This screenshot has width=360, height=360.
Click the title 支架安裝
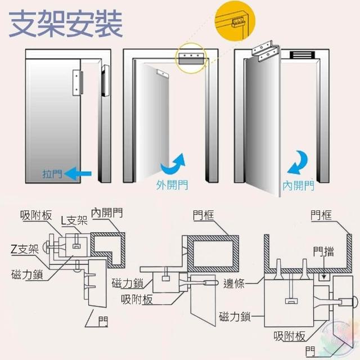66,24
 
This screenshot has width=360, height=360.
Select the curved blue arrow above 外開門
173,165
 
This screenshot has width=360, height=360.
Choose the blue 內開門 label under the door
298,185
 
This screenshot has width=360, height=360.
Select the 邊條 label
233,283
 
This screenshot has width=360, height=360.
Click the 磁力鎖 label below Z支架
26,275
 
